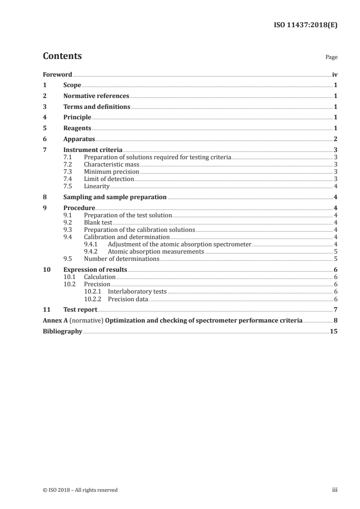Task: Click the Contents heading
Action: tap(62, 56)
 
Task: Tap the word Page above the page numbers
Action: tap(331, 58)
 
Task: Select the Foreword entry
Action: tap(57, 74)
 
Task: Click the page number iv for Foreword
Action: tap(335, 74)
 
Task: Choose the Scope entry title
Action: tap(72, 85)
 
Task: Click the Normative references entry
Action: tap(96, 96)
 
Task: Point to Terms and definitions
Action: tap(97, 107)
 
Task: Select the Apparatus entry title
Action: tap(79, 139)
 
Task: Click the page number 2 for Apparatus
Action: tap(335, 139)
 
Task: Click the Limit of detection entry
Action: tap(109, 179)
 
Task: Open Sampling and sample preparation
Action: tap(115, 197)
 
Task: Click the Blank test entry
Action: tap(98, 222)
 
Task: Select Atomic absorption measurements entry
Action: tap(156, 251)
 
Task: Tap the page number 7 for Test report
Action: tap(335, 309)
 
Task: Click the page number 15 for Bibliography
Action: tap(334, 331)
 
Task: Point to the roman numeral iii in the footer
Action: tap(335, 490)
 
